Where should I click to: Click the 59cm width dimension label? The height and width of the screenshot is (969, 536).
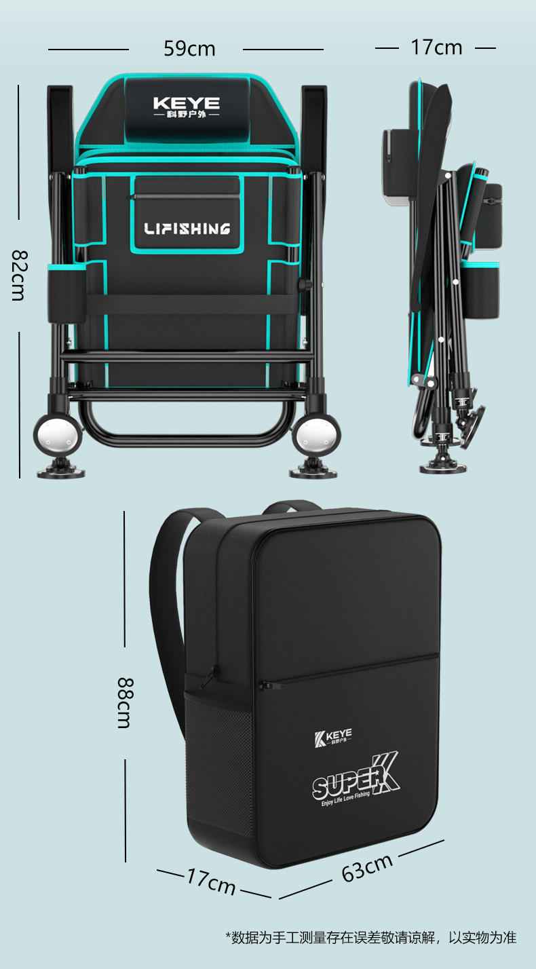click(189, 48)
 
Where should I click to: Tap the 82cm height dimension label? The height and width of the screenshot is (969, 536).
click(19, 275)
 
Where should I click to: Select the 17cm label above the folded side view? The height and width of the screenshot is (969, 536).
click(436, 47)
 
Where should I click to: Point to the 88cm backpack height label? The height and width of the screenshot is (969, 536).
click(126, 703)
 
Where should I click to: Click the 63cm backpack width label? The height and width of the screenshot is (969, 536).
click(367, 867)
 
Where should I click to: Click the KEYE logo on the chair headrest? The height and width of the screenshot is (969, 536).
click(187, 107)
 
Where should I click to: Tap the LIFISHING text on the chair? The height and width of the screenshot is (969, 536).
click(187, 229)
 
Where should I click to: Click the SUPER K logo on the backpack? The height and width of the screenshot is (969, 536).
click(356, 779)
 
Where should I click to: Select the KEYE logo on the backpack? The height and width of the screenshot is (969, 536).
click(333, 737)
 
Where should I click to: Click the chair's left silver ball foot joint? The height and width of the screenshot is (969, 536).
click(58, 434)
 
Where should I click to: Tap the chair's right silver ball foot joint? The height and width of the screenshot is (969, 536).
click(315, 434)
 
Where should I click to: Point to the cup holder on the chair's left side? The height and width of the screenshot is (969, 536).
click(66, 292)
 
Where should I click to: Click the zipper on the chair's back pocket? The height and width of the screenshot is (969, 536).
click(185, 196)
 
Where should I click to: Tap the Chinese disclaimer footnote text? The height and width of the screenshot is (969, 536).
click(370, 937)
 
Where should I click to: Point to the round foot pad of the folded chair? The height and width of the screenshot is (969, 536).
click(444, 468)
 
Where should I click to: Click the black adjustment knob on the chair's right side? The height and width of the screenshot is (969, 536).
click(305, 284)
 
